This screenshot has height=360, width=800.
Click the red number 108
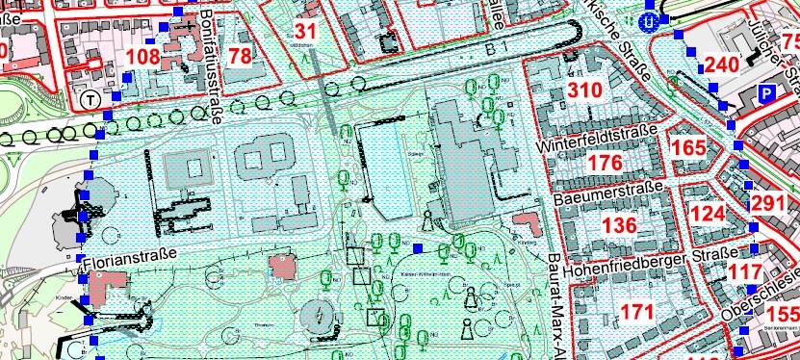click(142, 57)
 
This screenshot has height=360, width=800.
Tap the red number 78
click(240, 56)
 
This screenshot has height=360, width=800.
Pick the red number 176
click(605, 163)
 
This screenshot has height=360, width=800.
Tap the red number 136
click(619, 225)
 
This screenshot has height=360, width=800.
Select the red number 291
click(768, 204)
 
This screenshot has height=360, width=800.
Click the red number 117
click(745, 272)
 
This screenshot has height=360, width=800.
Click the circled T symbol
click(90, 98)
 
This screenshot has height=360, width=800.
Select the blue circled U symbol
click(653, 18)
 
